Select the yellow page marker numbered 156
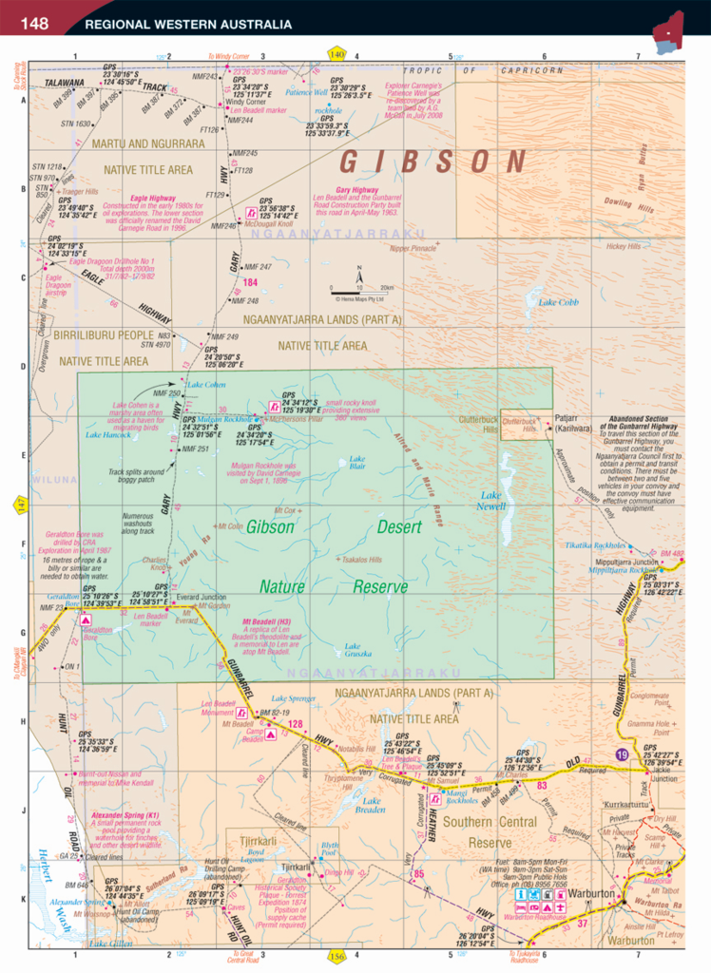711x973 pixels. coord(335,955)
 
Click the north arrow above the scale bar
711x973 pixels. coord(360,271)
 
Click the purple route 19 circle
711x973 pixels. coord(621,754)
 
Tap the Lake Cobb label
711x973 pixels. coord(558,302)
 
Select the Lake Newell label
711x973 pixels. coord(491,501)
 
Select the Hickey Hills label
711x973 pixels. coord(623,246)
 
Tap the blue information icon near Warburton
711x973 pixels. coord(521,895)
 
